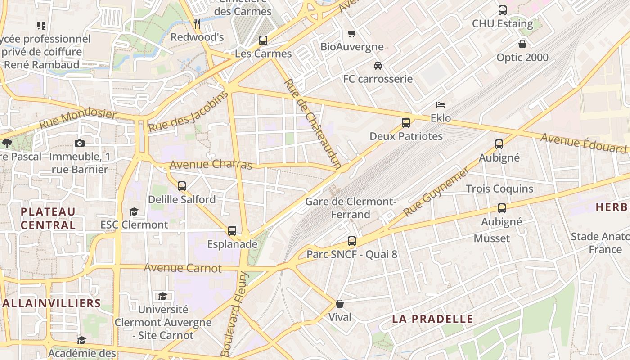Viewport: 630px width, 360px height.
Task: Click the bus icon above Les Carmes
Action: tap(263, 40)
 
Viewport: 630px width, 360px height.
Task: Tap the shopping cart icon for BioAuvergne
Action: tap(352, 34)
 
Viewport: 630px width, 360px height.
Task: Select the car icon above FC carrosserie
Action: tap(378, 66)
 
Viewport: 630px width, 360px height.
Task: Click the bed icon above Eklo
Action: tap(441, 105)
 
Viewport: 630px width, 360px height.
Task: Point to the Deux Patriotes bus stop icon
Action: tap(406, 123)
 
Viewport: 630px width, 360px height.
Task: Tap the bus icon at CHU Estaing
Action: tap(503, 10)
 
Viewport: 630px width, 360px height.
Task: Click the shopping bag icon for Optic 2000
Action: tap(522, 44)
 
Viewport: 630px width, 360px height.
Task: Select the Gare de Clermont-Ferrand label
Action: tap(351, 208)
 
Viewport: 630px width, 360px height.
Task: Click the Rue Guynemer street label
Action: tap(436, 192)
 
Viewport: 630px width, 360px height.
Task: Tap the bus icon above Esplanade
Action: tap(232, 231)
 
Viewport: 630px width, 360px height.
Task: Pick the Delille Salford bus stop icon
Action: tap(182, 186)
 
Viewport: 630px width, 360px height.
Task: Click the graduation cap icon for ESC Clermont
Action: tap(134, 211)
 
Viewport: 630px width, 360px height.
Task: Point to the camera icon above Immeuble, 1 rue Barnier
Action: tap(80, 144)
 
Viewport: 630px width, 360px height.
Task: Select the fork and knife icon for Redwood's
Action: tap(197, 23)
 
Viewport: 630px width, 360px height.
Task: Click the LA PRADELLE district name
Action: tap(432, 319)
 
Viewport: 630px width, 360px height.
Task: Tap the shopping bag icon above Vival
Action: tap(340, 304)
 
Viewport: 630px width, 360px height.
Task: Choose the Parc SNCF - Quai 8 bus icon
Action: tap(352, 241)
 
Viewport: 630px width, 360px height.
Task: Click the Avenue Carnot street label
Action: tap(183, 268)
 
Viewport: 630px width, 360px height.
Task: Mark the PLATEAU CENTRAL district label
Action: tap(48, 218)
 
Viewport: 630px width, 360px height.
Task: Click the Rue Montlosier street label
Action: tap(77, 119)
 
